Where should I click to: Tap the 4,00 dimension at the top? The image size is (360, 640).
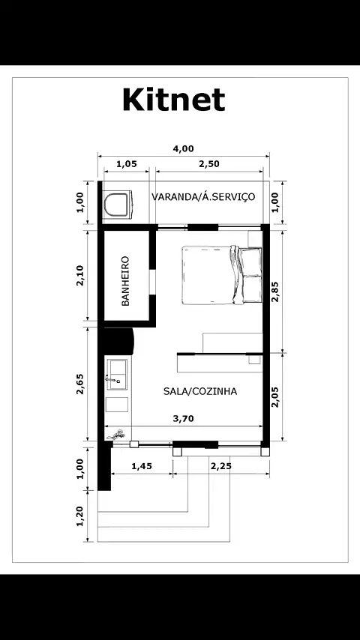[183, 149]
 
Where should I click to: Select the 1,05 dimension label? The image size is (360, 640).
[127, 164]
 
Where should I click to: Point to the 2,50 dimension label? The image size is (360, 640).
[209, 164]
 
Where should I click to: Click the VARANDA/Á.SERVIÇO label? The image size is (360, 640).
[203, 197]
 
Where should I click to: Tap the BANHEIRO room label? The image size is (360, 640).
[125, 281]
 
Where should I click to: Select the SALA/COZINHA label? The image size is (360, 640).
[200, 391]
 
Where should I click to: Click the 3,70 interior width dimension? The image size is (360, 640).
[183, 418]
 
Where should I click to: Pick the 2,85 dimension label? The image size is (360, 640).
[276, 291]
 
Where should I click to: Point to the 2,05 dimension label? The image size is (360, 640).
[276, 397]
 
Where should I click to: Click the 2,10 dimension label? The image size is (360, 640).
[80, 276]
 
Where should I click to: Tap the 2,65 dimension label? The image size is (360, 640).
[80, 384]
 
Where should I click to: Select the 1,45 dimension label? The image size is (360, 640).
[142, 466]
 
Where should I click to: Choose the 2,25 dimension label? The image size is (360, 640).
[220, 466]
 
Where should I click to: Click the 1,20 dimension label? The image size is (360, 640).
[80, 516]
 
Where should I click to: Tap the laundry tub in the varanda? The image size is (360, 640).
[117, 205]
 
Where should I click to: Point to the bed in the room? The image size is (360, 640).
[222, 275]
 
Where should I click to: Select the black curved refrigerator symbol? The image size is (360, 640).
[119, 341]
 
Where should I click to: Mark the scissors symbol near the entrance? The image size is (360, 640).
[116, 435]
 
